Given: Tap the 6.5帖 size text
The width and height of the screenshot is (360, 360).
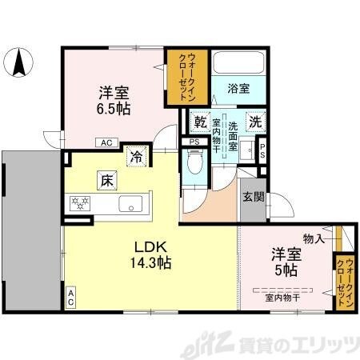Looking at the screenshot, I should click(x=114, y=108).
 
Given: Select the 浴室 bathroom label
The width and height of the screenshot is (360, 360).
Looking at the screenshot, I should click(x=238, y=90).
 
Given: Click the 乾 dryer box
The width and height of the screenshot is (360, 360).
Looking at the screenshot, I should click(x=200, y=123).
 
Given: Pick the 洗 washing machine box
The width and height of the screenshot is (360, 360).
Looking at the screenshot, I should click(x=254, y=123).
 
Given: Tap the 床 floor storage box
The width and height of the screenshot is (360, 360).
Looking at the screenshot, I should click(x=106, y=180).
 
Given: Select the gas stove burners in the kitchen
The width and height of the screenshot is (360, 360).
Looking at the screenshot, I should click(x=81, y=204).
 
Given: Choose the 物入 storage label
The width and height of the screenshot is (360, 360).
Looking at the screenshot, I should click(x=313, y=238).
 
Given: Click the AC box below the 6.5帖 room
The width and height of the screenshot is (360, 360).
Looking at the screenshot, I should click(x=106, y=143).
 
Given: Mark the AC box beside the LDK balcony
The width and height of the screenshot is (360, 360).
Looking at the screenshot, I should click(x=70, y=298).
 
